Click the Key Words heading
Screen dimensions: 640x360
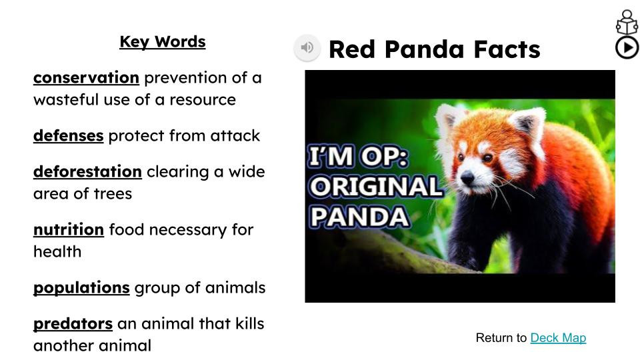(x=163, y=42)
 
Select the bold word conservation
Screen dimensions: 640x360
(x=86, y=77)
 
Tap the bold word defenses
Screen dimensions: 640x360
(x=68, y=135)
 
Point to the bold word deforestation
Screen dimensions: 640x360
(x=87, y=171)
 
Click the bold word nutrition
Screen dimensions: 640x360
(x=69, y=229)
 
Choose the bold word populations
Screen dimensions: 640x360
(x=81, y=288)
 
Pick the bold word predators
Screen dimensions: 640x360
(x=73, y=324)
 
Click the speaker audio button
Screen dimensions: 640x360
(x=307, y=48)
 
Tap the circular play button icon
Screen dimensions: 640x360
(x=627, y=48)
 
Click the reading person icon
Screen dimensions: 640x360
(x=627, y=23)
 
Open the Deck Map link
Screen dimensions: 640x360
(x=558, y=338)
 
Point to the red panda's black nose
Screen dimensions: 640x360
(x=467, y=177)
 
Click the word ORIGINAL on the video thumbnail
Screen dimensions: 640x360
(x=376, y=187)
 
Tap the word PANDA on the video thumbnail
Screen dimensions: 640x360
(x=359, y=217)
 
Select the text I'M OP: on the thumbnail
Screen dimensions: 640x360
(x=358, y=156)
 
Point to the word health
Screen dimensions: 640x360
(x=57, y=251)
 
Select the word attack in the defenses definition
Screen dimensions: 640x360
(x=235, y=135)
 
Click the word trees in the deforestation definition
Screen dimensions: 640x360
(x=113, y=194)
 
